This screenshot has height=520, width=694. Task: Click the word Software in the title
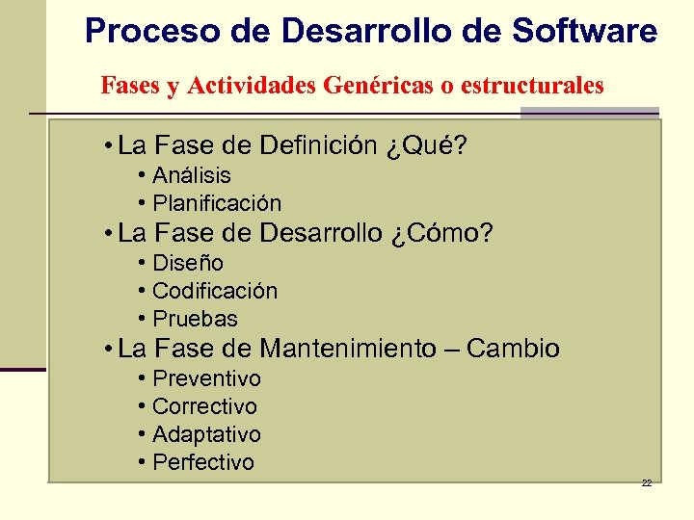click(585, 32)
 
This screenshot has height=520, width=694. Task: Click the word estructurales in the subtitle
click(532, 86)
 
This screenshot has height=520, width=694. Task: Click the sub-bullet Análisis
click(192, 175)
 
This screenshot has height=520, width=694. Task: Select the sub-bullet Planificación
click(217, 203)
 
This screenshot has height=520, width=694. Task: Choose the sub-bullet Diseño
click(188, 263)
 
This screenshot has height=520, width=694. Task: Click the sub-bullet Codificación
click(215, 291)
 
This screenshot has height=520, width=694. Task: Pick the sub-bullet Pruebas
click(195, 319)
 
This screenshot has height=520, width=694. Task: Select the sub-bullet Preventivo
click(206, 378)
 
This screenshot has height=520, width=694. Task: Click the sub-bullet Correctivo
click(204, 406)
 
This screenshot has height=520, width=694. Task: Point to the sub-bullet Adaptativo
click(206, 434)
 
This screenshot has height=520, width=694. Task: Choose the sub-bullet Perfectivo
click(203, 462)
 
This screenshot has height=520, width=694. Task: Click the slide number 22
click(647, 482)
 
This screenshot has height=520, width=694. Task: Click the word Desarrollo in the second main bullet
click(321, 234)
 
